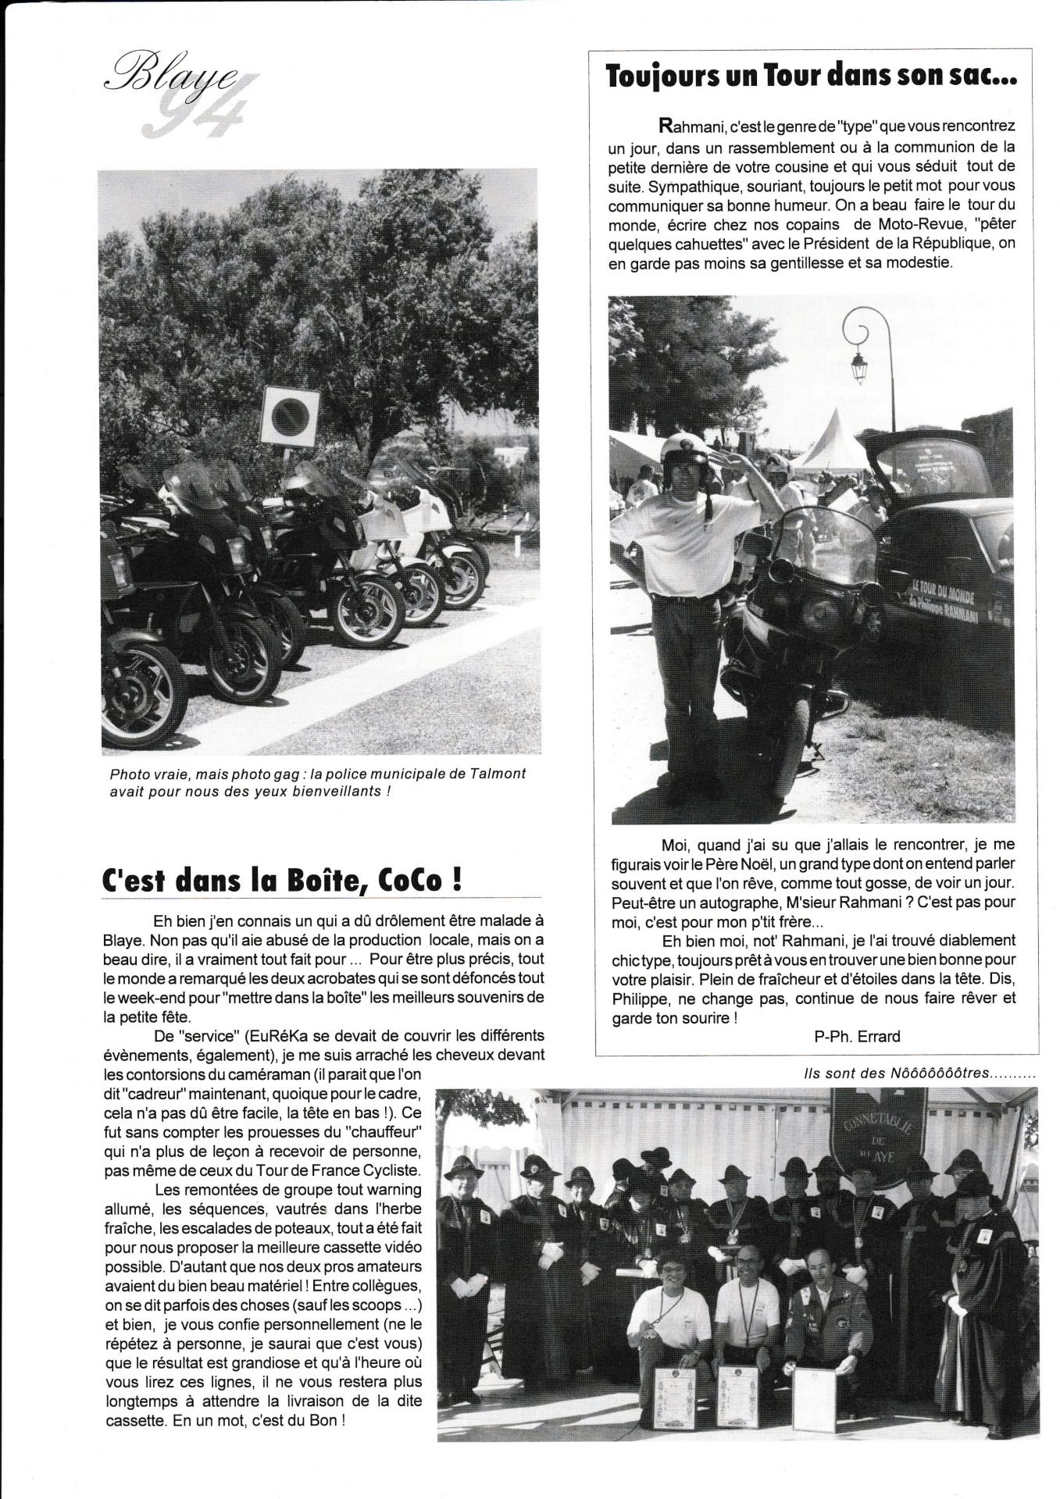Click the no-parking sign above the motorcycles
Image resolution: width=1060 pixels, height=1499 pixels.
coord(290,413)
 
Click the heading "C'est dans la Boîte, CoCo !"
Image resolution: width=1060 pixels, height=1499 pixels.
coord(282,881)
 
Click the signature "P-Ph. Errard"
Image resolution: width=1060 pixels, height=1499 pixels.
coord(856,1036)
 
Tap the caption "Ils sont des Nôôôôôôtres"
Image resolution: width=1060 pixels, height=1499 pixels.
coord(919,1074)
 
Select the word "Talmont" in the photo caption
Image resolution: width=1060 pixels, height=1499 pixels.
coord(497,774)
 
